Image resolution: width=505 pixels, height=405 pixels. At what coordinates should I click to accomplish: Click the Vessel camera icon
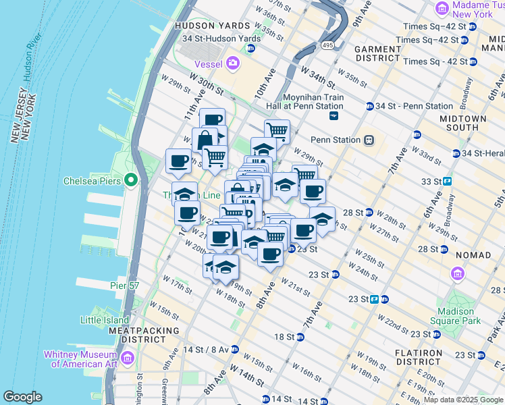coord(234,63)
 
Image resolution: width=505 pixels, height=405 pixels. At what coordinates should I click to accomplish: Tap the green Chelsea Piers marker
coord(130,181)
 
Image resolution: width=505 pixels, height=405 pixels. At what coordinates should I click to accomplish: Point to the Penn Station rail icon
coord(369,140)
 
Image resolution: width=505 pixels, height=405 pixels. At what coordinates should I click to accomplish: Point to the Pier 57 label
coord(124,286)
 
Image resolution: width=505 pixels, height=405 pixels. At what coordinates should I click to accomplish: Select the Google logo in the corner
coord(23,397)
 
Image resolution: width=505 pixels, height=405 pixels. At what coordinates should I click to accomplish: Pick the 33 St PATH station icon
coord(447,182)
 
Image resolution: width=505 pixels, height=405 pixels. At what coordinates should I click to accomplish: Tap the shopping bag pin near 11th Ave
coord(204,140)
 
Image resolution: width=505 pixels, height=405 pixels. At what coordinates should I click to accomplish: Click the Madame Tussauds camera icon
coord(442,8)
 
